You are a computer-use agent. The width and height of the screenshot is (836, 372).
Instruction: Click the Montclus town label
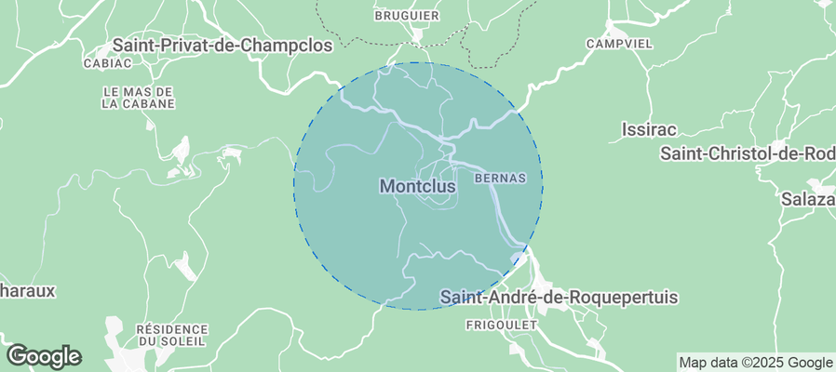coord(418,187)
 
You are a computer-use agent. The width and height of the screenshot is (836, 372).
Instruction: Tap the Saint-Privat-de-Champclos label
coord(222,45)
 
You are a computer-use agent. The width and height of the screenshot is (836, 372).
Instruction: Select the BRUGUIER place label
coord(407,16)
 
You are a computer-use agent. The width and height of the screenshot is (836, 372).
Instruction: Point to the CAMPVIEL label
coord(618,44)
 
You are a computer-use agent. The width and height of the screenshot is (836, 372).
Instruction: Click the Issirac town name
coord(648,129)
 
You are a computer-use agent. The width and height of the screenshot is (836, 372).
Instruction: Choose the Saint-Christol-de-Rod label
coord(748,153)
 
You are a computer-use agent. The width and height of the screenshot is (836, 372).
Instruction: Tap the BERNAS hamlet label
coord(500,177)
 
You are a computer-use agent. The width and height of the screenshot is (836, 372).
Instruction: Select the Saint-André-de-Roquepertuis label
coord(559,298)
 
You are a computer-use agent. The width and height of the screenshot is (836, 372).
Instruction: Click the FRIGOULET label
coord(502,325)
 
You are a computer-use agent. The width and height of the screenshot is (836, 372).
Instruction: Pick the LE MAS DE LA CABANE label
coord(138,98)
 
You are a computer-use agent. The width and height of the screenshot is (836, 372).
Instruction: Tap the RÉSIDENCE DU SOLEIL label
coord(171,335)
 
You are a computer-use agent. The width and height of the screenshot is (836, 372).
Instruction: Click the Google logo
coord(44,355)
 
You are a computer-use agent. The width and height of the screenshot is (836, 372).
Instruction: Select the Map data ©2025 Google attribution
coord(755,363)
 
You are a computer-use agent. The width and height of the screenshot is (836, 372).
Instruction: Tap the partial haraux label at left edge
coord(28,290)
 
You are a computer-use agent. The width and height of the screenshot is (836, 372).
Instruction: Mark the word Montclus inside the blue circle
coord(418,187)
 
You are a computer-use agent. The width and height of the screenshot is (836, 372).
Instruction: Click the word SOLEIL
coord(183,341)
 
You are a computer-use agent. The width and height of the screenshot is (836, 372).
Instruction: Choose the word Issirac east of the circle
coord(648,129)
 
